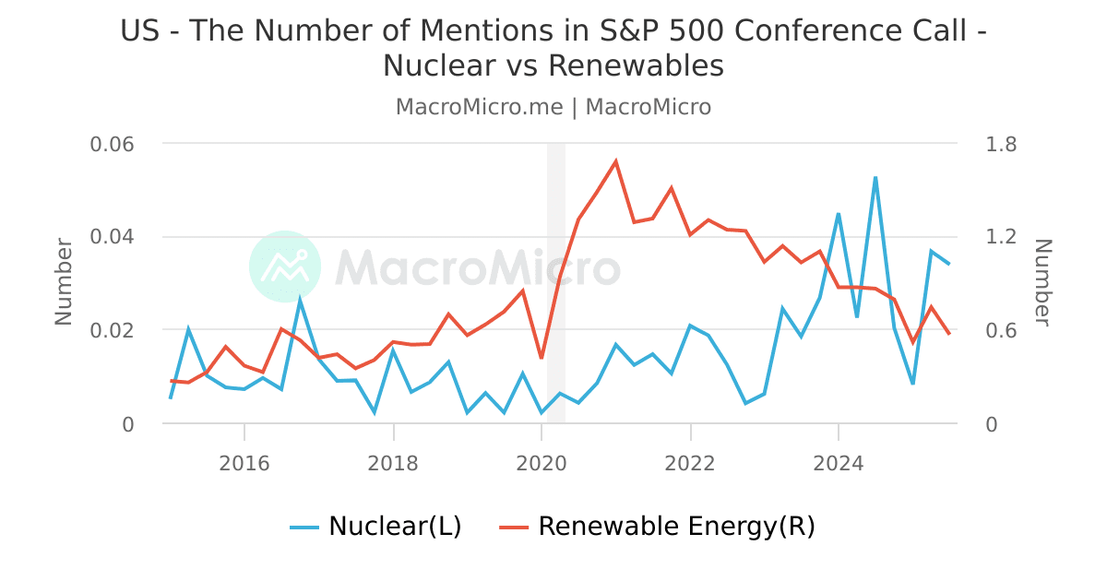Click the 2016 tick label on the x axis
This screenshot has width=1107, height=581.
point(244,462)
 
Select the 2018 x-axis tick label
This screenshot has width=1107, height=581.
point(393,462)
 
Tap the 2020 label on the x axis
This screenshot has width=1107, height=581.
point(542,462)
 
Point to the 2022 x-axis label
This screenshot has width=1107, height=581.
point(690,462)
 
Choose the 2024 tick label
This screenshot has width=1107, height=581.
point(839,462)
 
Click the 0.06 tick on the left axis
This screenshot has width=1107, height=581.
point(113,145)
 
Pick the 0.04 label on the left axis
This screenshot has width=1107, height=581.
point(113,237)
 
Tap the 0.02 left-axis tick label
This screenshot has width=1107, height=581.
point(113,330)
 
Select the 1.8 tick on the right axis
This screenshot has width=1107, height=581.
point(1001,145)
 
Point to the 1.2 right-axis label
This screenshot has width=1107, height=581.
point(1001,237)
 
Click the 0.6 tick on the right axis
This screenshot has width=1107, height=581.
point(1001,330)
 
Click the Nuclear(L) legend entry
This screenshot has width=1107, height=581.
point(376,527)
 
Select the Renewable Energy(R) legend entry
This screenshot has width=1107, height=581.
point(658,527)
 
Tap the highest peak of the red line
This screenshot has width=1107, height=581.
point(615,161)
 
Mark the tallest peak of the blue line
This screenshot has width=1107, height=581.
point(875,178)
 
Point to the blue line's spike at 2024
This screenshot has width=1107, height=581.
point(838,214)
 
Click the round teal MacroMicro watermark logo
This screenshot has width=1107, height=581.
point(285,267)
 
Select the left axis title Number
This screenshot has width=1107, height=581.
point(64,281)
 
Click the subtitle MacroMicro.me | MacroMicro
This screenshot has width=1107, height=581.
point(553,107)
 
